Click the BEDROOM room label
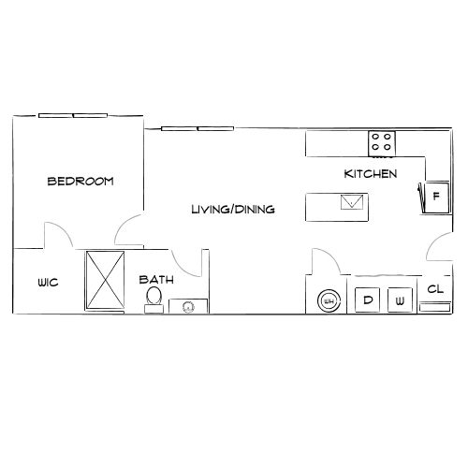[80, 182]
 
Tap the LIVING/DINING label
[232, 210]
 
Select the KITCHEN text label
[371, 174]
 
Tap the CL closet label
[434, 289]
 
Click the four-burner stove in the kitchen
[381, 142]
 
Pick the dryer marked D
[368, 300]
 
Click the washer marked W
[400, 300]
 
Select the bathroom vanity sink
[188, 306]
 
